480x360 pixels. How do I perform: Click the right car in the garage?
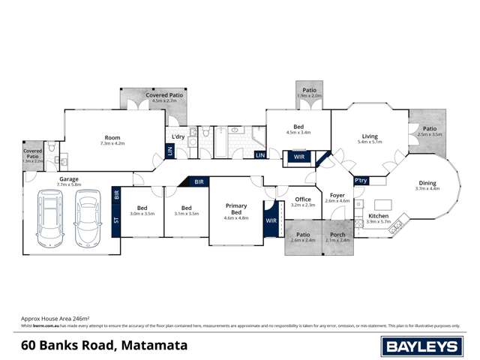click(87, 217)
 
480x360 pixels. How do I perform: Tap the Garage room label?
click(70, 179)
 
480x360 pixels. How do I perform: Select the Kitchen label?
click(379, 216)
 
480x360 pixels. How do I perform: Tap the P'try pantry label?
click(361, 181)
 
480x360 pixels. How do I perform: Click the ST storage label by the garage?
click(116, 220)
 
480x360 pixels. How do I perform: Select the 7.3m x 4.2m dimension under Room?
click(113, 142)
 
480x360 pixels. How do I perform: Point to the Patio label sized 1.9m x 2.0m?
click(309, 91)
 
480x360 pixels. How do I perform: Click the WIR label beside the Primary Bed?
click(271, 222)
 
